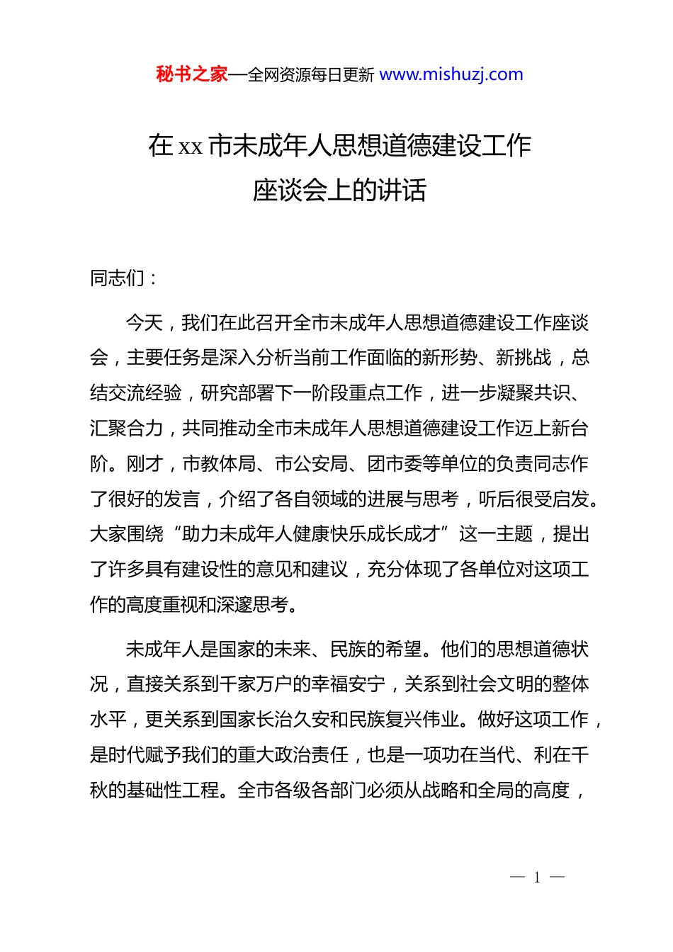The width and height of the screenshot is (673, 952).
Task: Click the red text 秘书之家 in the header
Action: tap(191, 74)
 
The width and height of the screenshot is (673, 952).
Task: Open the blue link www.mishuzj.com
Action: tap(451, 74)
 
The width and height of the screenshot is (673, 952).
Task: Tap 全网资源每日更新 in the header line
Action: tap(311, 75)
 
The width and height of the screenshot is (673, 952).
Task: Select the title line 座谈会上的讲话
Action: tap(339, 190)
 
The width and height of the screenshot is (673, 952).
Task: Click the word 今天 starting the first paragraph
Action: tap(145, 323)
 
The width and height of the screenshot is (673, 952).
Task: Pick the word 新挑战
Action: tap(524, 358)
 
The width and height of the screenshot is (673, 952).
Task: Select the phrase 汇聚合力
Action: tap(127, 429)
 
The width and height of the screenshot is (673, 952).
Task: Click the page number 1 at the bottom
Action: tap(537, 878)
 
